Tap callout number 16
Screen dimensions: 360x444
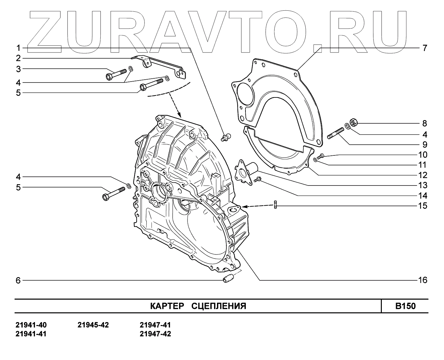pyautogui.click(x=423, y=280)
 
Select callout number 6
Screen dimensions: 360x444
pyautogui.click(x=18, y=280)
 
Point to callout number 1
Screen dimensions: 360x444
pyautogui.click(x=18, y=48)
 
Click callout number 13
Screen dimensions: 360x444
pyautogui.click(x=423, y=186)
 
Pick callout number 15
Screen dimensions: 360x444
pyautogui.click(x=423, y=206)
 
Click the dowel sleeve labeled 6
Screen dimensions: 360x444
pyautogui.click(x=229, y=278)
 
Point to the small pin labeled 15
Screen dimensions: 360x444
pyautogui.click(x=275, y=205)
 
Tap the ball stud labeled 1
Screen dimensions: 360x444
pyautogui.click(x=226, y=137)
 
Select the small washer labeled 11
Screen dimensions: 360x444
pyautogui.click(x=316, y=159)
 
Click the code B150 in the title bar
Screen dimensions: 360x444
pyautogui.click(x=405, y=306)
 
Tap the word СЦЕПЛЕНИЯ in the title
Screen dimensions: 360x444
pyautogui.click(x=219, y=306)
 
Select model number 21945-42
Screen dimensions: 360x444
pyautogui.click(x=93, y=325)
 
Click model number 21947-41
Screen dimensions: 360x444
pyautogui.click(x=155, y=325)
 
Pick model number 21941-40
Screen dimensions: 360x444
pyautogui.click(x=31, y=325)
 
